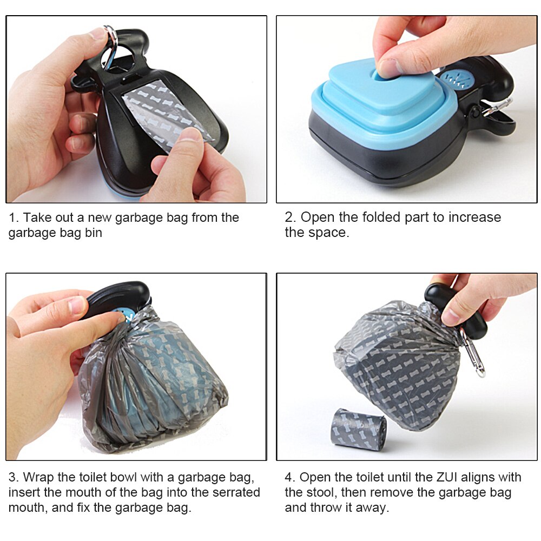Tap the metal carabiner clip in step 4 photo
(x=473, y=352)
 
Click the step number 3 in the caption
(x=13, y=477)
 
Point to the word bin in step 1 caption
(x=94, y=233)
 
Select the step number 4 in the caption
(x=289, y=477)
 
